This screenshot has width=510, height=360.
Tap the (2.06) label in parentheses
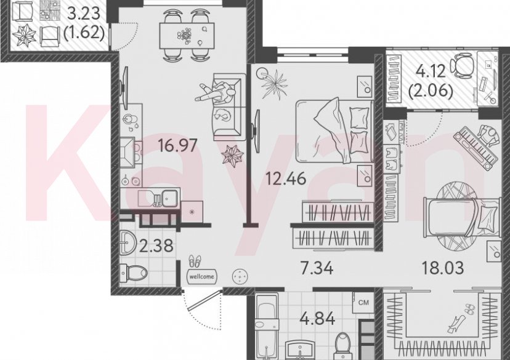pos(431,93)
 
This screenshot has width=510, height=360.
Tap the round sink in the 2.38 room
pos(129,242)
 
